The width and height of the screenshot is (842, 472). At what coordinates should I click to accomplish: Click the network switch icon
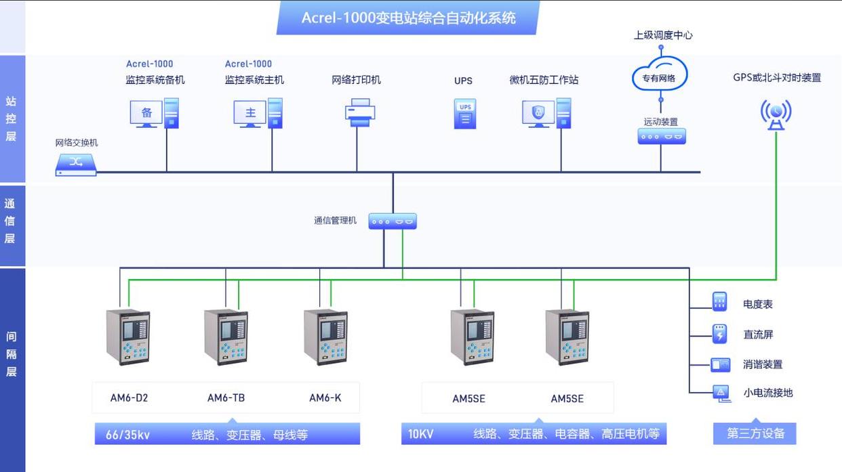click(76, 164)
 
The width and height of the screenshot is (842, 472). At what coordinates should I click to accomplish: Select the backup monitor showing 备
click(146, 113)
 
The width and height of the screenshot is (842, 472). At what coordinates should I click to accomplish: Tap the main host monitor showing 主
click(250, 113)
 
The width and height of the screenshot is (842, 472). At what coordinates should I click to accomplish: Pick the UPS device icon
click(464, 114)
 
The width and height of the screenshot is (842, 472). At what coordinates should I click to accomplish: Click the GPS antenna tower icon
click(776, 114)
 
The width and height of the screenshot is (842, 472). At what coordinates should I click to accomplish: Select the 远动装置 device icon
click(661, 136)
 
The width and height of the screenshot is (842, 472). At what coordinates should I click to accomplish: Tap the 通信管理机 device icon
click(393, 221)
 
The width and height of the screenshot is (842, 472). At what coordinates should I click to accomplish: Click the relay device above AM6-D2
click(128, 337)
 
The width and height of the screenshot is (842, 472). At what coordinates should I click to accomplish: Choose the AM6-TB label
click(226, 398)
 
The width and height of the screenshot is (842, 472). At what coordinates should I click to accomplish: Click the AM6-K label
click(325, 398)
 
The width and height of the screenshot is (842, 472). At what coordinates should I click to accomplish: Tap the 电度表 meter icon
click(719, 302)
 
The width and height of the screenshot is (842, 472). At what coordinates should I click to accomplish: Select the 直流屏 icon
click(719, 333)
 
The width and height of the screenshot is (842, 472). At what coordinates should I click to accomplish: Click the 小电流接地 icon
click(721, 392)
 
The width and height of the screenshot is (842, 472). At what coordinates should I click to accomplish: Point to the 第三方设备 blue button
click(755, 433)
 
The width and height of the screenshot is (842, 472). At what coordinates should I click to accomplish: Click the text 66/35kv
click(127, 435)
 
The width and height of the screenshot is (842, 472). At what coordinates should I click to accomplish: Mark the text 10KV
click(420, 434)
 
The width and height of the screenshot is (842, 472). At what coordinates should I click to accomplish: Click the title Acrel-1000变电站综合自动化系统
click(408, 18)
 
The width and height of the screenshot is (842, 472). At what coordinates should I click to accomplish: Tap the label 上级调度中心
click(662, 35)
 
